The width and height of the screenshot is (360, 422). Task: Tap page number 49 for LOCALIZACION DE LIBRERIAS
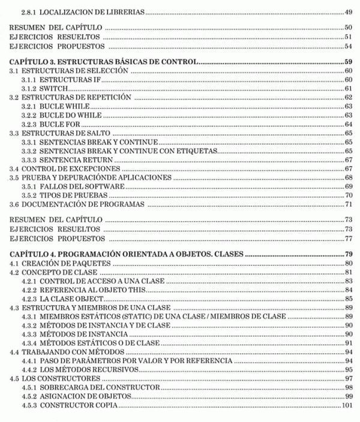pyautogui.click(x=348, y=12)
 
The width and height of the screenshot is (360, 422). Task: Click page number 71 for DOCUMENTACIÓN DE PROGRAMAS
pyautogui.click(x=348, y=204)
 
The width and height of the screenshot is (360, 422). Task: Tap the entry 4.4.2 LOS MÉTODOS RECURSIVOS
pyautogui.click(x=80, y=370)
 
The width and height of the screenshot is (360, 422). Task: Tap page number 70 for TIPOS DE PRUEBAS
pyautogui.click(x=348, y=195)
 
